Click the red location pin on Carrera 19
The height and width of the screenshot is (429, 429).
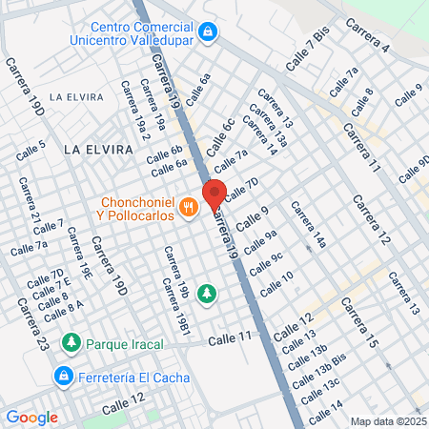click(x=214, y=192)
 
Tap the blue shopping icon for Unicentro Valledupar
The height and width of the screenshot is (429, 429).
click(x=207, y=33)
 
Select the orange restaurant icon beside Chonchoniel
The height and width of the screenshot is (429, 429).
click(x=189, y=205)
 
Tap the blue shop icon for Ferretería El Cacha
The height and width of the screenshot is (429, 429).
click(x=64, y=375)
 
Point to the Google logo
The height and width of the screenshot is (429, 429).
click(x=31, y=417)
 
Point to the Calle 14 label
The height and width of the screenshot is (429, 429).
click(x=325, y=412)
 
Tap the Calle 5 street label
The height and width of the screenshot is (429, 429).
click(x=31, y=151)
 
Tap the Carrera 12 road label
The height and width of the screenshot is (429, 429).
click(x=371, y=220)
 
